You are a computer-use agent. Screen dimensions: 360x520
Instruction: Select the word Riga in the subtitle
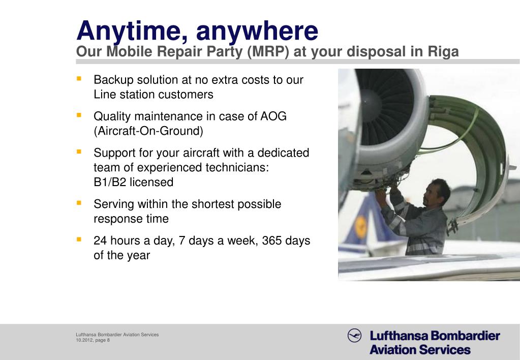443,52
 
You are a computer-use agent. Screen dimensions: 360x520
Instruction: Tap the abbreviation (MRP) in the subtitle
267,52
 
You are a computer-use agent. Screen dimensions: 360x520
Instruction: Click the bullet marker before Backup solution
79,79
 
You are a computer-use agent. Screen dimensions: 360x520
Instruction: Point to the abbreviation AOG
273,116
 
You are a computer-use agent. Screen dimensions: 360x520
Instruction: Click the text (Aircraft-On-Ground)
148,131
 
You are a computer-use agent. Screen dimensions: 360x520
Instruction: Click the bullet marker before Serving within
79,203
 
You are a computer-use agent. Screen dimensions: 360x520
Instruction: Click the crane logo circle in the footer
354,336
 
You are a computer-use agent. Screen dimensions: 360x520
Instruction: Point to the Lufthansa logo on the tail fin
361,224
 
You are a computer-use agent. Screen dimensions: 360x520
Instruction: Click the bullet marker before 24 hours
79,239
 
